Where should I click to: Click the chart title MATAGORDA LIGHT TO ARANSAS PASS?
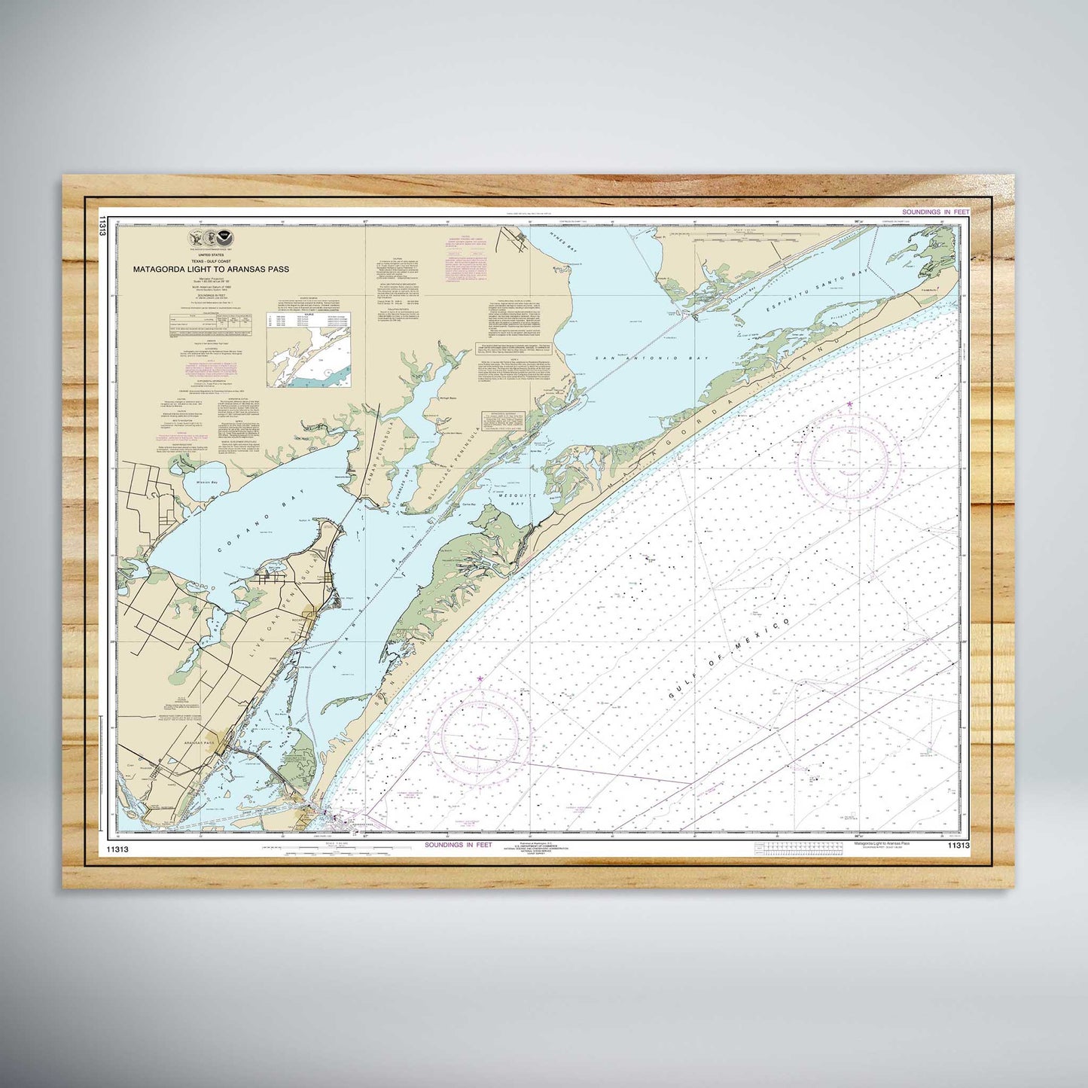pyautogui.click(x=211, y=269)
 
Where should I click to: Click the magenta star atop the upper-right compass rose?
pyautogui.click(x=849, y=404)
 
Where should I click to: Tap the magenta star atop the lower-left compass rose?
pyautogui.click(x=480, y=679)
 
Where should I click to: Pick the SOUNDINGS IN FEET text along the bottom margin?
pyautogui.click(x=458, y=845)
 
